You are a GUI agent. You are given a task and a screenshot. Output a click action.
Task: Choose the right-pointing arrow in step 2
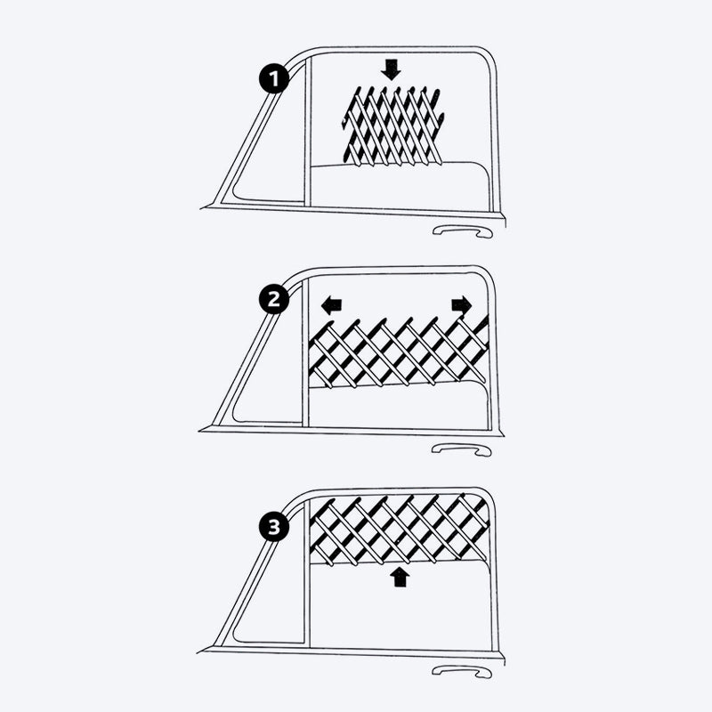click(462, 305)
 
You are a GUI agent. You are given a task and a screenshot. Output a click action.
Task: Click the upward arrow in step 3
click(400, 578)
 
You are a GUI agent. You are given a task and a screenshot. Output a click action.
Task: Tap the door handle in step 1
click(461, 232)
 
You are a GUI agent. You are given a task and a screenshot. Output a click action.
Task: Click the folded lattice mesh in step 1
click(392, 125)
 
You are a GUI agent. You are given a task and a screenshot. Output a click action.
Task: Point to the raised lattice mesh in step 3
click(398, 529)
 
